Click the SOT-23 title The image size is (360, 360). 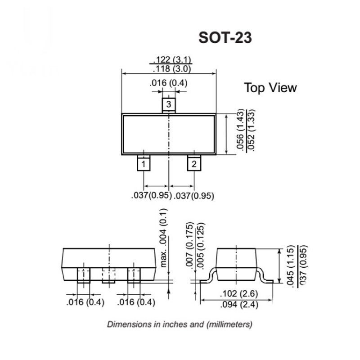225,37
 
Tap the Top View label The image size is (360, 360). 270,88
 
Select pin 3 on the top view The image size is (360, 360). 169,105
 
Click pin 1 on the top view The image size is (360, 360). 144,163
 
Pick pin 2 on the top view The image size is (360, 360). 194,163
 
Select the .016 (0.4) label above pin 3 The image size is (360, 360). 168,83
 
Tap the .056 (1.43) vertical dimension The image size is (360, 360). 240,130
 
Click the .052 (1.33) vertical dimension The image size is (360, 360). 251,130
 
